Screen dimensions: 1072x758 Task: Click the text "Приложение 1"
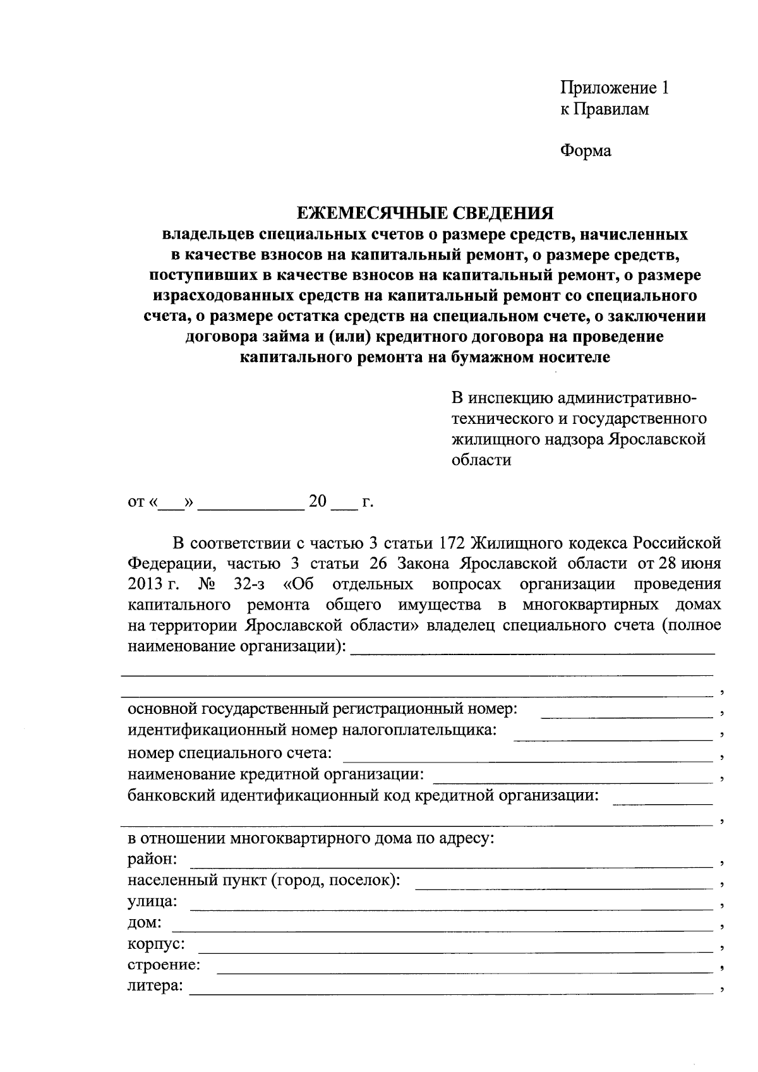coord(614,88)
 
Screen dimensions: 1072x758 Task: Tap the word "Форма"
coord(586,151)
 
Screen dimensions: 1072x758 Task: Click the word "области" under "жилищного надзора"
coord(481,460)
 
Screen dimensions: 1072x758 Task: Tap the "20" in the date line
coord(318,502)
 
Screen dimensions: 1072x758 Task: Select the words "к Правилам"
coord(605,109)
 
